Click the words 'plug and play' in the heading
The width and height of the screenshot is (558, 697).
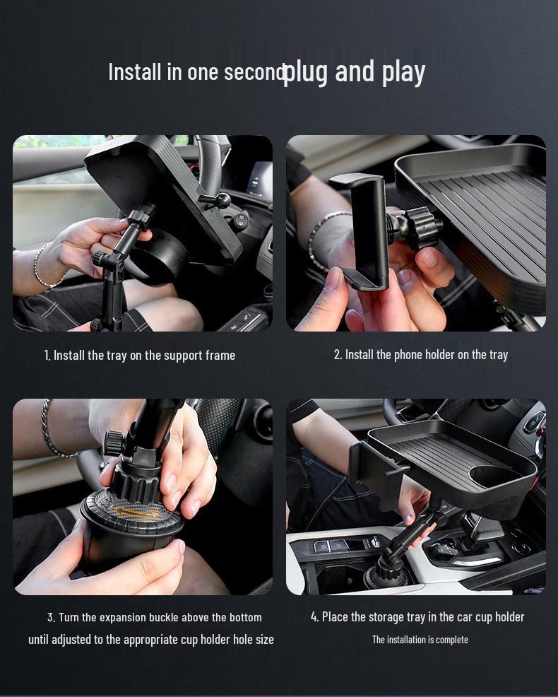[354, 72]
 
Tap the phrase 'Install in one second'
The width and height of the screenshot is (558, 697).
[196, 72]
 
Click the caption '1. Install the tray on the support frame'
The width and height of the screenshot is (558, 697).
[140, 355]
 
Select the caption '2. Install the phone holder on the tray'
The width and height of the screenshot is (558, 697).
[420, 355]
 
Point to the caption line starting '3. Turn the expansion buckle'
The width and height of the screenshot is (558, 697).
[154, 617]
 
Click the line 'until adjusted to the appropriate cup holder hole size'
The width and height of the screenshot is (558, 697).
[151, 640]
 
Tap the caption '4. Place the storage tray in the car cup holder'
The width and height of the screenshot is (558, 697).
[417, 617]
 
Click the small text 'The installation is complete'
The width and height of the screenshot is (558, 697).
[420, 640]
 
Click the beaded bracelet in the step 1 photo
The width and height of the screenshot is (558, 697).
[41, 268]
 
